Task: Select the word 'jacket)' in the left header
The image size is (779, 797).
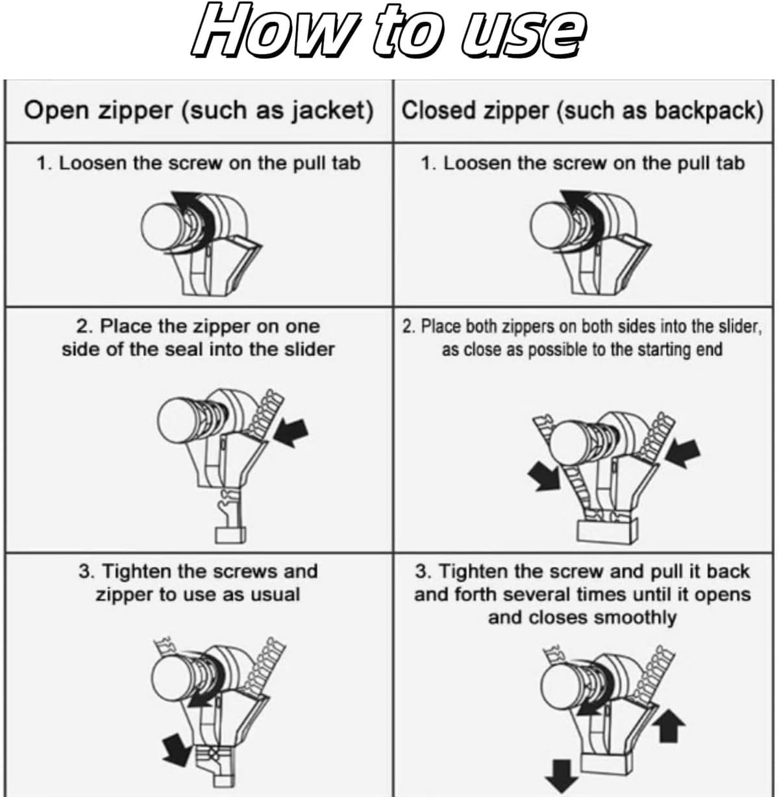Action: click(332, 112)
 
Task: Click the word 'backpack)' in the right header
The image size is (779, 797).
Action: click(708, 112)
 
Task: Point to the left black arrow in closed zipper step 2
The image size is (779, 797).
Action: click(543, 475)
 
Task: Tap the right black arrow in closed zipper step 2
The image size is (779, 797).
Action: click(683, 453)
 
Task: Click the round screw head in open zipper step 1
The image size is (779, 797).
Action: click(161, 226)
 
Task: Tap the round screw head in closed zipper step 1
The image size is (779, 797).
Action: click(550, 226)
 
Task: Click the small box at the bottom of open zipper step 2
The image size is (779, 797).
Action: click(230, 534)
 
